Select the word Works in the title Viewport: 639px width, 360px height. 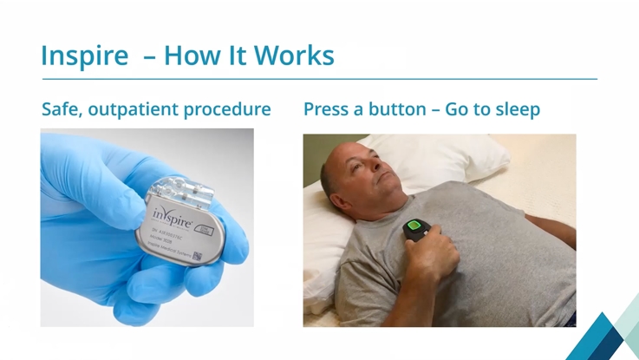coord(294,56)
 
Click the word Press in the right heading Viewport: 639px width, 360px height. coord(329,110)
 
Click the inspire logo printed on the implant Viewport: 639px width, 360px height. coord(173,213)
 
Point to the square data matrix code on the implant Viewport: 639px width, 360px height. coord(198,257)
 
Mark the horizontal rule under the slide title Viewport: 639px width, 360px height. coord(319,80)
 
